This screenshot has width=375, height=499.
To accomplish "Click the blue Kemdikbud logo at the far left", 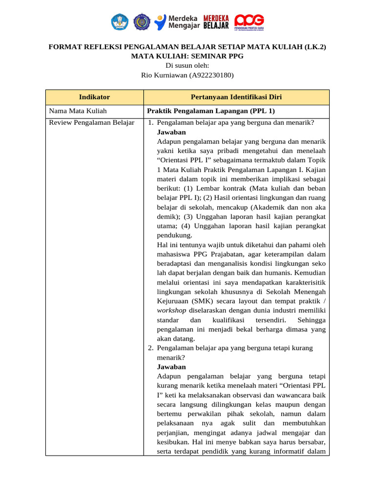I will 120,21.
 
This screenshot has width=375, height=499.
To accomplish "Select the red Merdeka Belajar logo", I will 216,21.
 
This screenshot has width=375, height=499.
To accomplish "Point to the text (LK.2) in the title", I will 315,47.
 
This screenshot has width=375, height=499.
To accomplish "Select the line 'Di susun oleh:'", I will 187,66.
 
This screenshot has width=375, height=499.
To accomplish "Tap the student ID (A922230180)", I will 211,75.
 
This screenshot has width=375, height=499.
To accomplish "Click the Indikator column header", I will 94,97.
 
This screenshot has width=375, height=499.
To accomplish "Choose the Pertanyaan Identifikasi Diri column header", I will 236,97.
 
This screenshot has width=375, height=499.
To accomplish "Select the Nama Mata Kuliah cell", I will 78,111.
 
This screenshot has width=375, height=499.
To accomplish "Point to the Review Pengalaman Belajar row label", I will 92,122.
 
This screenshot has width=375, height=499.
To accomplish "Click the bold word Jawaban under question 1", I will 171,132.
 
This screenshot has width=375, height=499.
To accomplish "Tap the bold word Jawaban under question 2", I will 171,366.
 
